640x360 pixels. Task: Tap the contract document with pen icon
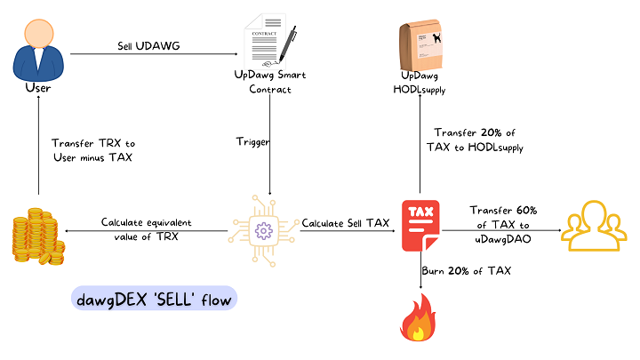[268, 43]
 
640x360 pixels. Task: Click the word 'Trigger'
[252, 142]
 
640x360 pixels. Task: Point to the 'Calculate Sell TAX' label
[346, 223]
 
